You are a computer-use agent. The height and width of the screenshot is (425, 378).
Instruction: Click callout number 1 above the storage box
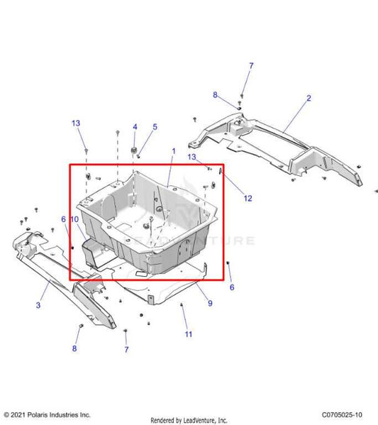tap(172, 152)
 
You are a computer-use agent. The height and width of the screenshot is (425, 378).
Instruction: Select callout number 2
tap(308, 99)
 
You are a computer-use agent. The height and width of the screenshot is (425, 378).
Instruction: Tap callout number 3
tap(38, 306)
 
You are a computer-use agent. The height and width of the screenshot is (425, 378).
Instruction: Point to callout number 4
tap(134, 127)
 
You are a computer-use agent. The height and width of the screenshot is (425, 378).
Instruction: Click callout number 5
tap(155, 127)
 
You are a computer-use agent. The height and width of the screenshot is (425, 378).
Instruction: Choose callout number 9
tap(190, 303)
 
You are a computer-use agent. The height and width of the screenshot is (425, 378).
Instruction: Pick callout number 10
tap(74, 220)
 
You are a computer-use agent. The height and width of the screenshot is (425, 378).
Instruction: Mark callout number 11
tap(188, 333)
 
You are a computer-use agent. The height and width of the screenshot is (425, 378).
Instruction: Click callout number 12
tap(248, 199)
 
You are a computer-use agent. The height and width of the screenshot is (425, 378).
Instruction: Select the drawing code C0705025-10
tap(342, 414)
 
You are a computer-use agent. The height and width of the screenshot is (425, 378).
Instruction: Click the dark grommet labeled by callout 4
tap(134, 150)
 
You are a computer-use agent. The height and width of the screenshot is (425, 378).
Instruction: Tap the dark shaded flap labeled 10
tap(92, 252)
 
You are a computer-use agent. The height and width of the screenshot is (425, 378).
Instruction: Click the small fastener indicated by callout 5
tap(140, 157)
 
